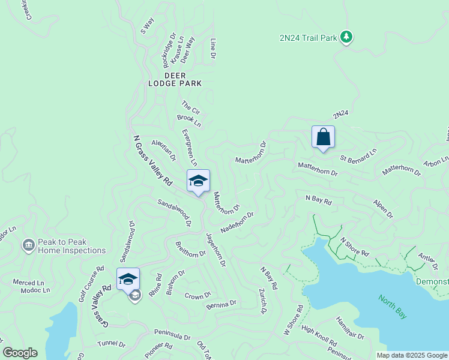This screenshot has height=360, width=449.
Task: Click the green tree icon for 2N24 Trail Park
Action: pos(346,37)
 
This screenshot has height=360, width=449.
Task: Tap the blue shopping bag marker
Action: pos(323,137)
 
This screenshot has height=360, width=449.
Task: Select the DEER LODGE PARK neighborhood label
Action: pos(175,79)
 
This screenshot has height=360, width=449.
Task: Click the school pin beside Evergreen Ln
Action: pos(198,181)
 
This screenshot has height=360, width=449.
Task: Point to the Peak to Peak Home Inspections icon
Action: pos(28,245)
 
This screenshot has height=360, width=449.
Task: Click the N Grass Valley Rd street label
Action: pos(152,160)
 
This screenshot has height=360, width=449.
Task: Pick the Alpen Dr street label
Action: pos(382,209)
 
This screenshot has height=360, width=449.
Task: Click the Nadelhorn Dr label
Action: pos(237,222)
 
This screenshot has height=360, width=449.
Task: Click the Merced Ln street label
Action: pos(28,283)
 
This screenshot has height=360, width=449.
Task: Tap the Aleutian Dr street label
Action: pos(163,151)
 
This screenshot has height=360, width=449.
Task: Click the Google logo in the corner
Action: pos(20,353)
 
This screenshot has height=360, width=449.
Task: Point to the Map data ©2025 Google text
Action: pos(412,355)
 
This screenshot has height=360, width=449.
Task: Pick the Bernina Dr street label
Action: pos(221,304)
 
